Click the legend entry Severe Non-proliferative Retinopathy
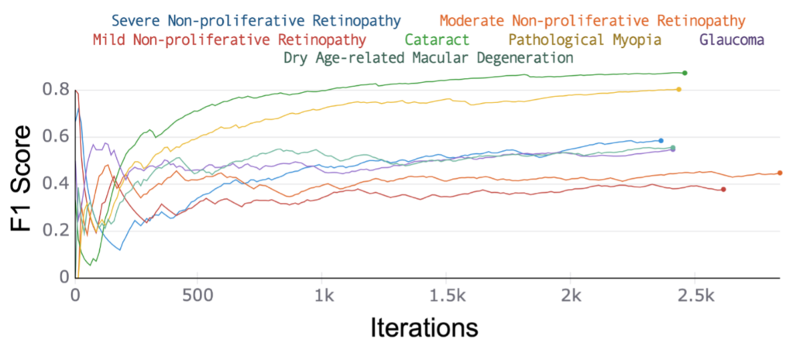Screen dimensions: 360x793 click(256, 19)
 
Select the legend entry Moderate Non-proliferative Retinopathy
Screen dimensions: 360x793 click(592, 20)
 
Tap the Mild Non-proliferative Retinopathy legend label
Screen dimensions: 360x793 click(229, 39)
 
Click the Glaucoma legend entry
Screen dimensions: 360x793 click(732, 39)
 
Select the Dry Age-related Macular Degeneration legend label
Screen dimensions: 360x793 click(428, 58)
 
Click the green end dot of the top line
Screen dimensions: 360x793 click(685, 73)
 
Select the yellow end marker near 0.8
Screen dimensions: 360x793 click(679, 90)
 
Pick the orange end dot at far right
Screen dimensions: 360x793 click(780, 173)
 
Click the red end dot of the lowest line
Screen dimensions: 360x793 click(723, 190)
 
